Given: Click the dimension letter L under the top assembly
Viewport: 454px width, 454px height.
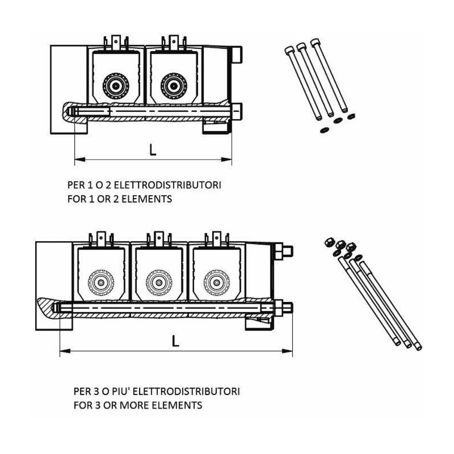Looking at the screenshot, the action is pos(153,149).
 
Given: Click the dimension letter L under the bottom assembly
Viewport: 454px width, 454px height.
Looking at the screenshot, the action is pos(175,341).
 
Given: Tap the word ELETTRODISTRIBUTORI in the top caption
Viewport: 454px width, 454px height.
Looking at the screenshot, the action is pos(167,185).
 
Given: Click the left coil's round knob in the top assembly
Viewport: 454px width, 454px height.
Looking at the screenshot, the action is pos(116,86).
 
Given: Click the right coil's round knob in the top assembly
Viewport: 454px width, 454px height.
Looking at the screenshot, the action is pos(174,86).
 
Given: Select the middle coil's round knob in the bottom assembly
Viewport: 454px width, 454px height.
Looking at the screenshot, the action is pos(159,282).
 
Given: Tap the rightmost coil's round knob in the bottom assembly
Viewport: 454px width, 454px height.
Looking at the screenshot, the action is pos(216,282).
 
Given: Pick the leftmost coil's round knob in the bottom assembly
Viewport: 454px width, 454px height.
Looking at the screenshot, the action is pos(101,282).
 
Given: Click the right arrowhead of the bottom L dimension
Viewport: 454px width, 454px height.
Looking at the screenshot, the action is pos(287,351).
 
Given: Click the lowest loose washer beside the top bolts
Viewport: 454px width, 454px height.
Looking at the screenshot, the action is pos(324,131).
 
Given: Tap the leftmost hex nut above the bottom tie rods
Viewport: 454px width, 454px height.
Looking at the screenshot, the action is pos(329,242).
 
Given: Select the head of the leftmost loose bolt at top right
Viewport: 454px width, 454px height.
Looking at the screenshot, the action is pos(289,51).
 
